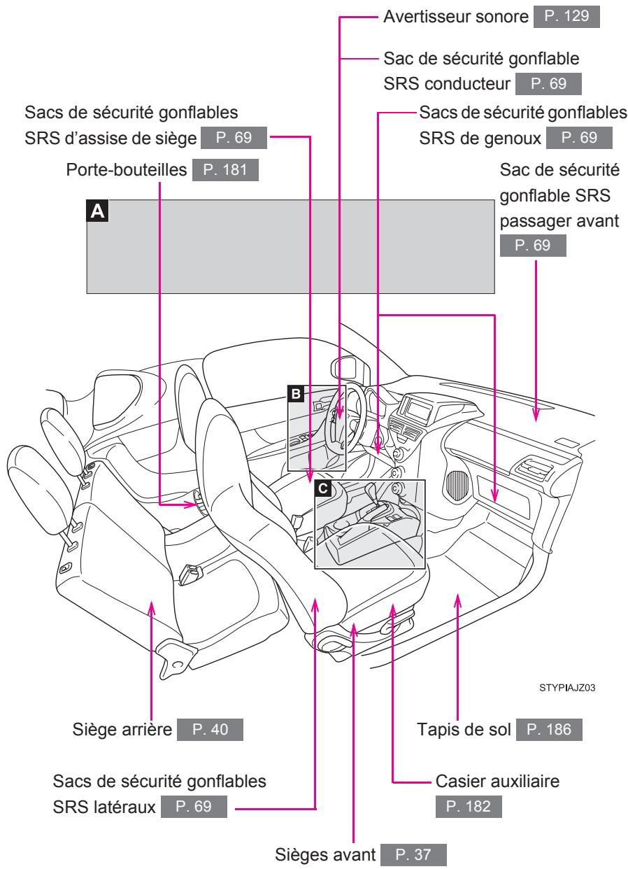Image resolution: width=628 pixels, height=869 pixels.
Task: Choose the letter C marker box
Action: click(322, 488)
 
